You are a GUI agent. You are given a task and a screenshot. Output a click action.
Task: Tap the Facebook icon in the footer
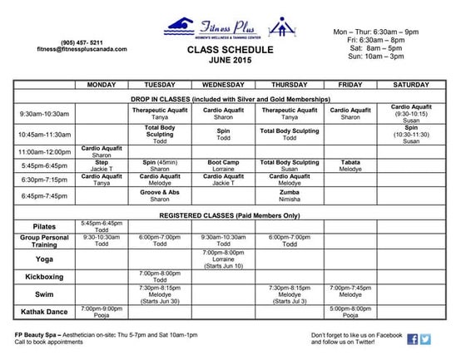click(412, 339)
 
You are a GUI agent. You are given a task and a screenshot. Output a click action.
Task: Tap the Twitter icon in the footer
click(425, 339)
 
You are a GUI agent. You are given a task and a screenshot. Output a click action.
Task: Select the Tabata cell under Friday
click(350, 165)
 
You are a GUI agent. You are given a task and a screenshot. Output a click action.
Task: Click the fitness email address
click(93, 49)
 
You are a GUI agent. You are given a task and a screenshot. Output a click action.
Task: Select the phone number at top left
click(93, 42)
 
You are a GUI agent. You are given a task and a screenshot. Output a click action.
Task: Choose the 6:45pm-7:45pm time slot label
click(44, 195)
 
